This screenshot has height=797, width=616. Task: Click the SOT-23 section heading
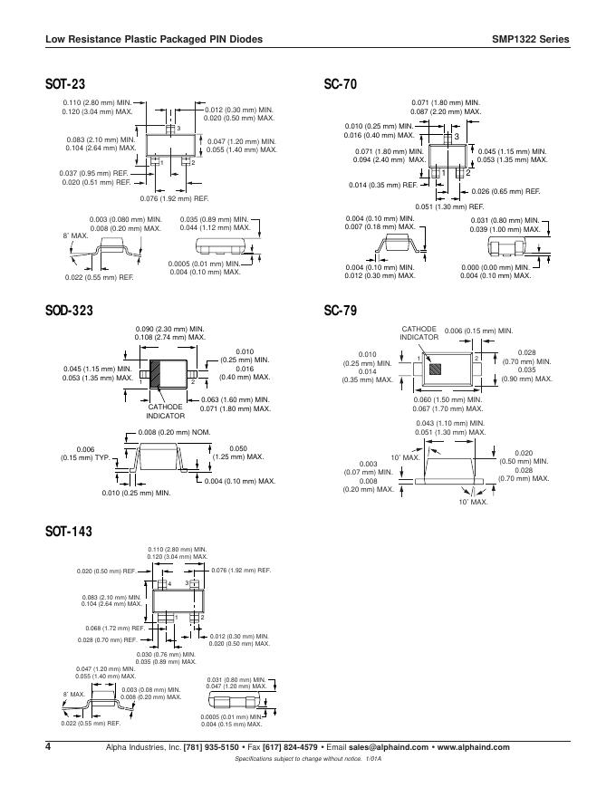[65, 85]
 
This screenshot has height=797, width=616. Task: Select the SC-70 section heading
[341, 85]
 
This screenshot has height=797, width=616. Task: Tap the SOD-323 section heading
[69, 311]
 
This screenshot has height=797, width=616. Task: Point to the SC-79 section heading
[341, 311]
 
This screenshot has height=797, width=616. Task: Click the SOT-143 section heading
[69, 532]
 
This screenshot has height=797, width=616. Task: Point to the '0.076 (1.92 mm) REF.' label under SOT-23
[174, 198]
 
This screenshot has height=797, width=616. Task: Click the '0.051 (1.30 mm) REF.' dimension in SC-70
[450, 206]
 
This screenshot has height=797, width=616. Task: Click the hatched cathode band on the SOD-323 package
[156, 374]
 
